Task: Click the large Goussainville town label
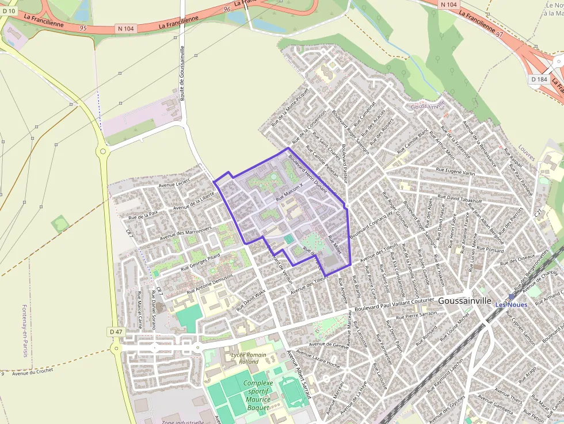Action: coord(464,301)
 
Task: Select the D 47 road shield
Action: coord(115,332)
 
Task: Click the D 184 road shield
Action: coord(539,79)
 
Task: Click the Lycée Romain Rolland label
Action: coord(249,358)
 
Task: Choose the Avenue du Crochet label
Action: coord(32,372)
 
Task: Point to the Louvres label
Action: coord(527,153)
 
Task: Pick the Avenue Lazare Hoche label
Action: coord(317,358)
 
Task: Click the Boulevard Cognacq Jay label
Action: coord(371,220)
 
